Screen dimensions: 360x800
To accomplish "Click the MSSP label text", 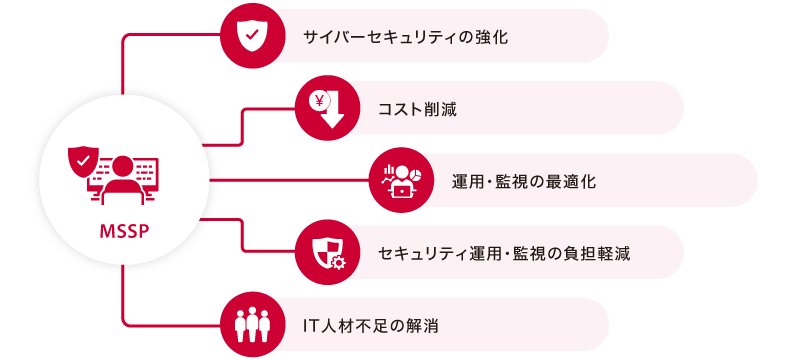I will point(123,233).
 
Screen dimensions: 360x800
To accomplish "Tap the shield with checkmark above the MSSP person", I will point(82,160).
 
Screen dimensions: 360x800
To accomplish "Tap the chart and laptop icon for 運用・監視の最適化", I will point(399,180).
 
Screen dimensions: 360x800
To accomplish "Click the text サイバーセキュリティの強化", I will point(406,37).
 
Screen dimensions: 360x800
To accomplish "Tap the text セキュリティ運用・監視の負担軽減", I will point(505,253).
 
